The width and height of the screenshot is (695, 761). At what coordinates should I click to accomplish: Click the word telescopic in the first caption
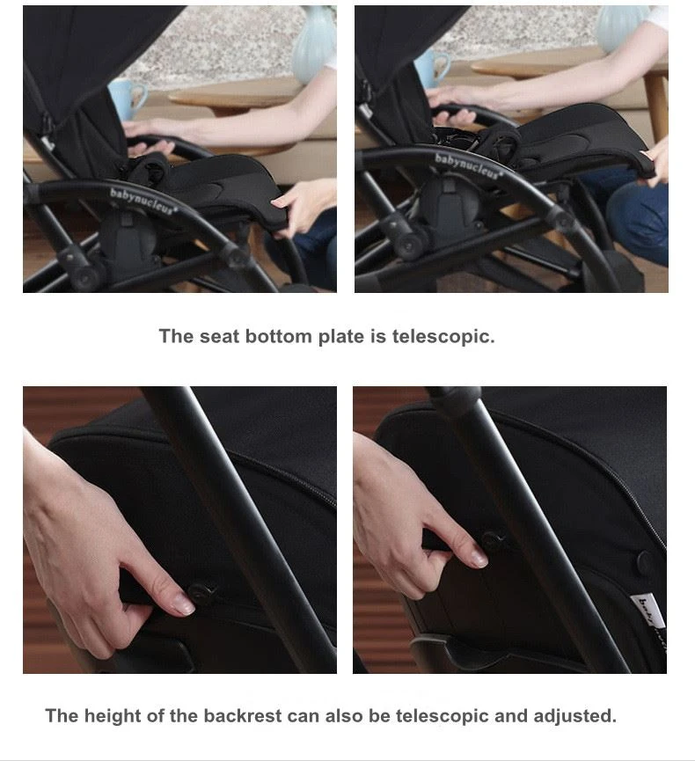click(x=443, y=336)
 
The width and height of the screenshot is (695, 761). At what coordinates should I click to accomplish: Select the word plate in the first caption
click(x=340, y=336)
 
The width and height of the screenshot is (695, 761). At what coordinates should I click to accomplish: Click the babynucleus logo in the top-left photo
click(x=143, y=200)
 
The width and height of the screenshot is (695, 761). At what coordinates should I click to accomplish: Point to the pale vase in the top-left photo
click(x=313, y=45)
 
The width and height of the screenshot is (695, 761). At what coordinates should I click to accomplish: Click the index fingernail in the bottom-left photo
click(x=184, y=604)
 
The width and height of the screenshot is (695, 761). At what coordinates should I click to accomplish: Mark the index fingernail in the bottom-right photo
click(x=479, y=558)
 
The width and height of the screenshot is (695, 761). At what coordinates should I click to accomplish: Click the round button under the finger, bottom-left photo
click(x=201, y=591)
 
